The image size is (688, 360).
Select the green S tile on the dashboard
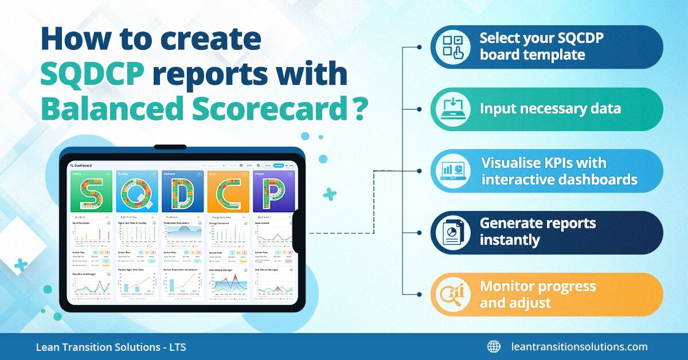[90, 192]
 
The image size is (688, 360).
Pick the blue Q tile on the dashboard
[136, 192]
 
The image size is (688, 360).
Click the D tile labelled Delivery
[182, 192]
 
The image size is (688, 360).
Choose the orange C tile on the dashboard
[228, 192]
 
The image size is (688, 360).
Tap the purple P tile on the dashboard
[273, 192]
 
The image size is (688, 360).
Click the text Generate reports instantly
[538, 232]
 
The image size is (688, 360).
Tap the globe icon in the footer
[494, 347]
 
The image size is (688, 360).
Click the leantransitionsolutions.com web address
[579, 347]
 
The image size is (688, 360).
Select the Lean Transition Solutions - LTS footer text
[111, 347]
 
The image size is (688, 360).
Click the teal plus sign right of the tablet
[330, 195]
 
